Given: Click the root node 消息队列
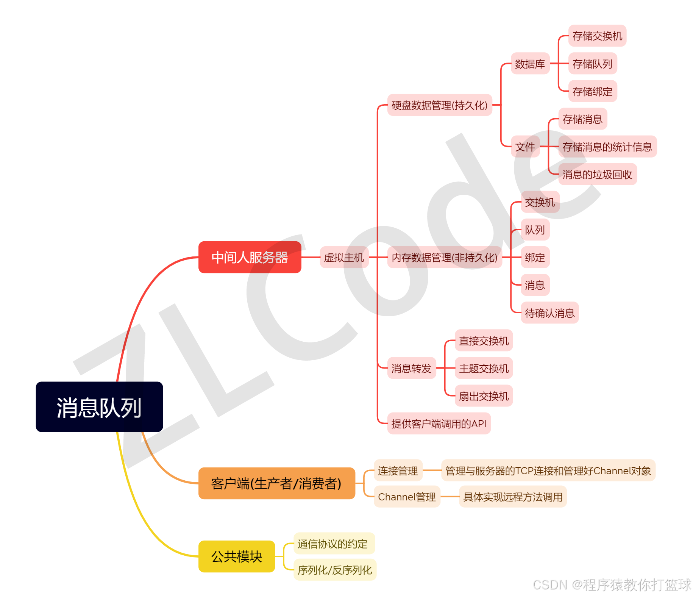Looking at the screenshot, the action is pos(99,407).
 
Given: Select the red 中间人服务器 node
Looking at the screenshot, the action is pos(250,257).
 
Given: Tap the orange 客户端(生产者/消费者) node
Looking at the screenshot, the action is pos(276,483).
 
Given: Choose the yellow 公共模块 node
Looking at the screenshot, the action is pos(237,556).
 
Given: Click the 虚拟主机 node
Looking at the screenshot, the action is pos(344,258).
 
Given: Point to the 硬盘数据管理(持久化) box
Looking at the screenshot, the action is pos(439,105).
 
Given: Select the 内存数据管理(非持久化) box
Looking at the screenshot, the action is pos(444,258).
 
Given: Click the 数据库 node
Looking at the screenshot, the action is pos(530,64).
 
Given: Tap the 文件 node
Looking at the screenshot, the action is pos(525,147).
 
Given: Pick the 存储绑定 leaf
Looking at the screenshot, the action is pos(592,91).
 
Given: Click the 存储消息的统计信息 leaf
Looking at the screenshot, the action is pos(607,147).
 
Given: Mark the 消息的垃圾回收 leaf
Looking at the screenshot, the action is pos(597,174).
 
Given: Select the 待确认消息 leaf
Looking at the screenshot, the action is pos(549,313).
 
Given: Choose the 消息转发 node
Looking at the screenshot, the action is pos(411,368).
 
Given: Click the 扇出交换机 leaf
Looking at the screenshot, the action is pos(484,396).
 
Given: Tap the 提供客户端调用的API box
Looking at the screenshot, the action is pos(439,424).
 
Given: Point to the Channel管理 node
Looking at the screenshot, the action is pos(407,497).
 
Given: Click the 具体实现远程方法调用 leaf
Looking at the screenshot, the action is pos(513,497).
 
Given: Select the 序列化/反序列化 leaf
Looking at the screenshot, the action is pos(335,570).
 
